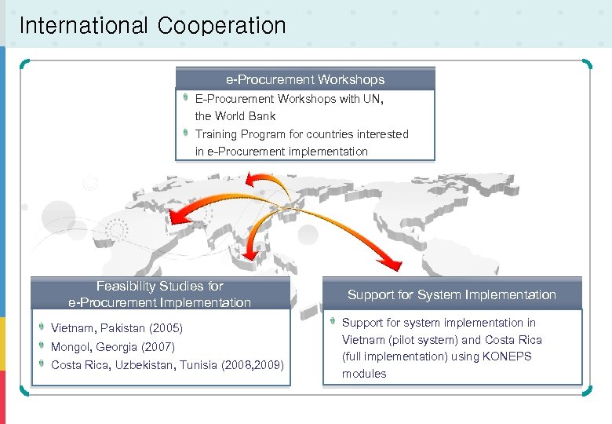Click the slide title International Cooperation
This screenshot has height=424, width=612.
coord(152,26)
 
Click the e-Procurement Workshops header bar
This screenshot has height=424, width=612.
coord(304,79)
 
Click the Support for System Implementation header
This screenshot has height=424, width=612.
coord(452,294)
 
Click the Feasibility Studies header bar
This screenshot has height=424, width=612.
coord(160,294)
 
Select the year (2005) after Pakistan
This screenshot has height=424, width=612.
coord(165,328)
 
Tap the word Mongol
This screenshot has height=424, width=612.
coord(70,346)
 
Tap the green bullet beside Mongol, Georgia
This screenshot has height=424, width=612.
coord(41,345)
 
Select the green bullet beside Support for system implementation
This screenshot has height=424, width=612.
coord(332,321)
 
